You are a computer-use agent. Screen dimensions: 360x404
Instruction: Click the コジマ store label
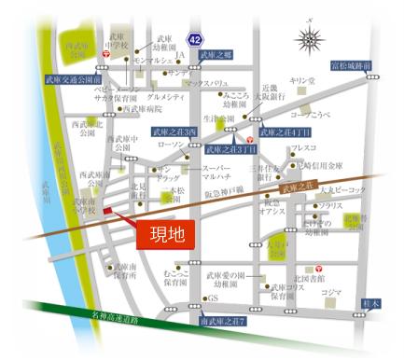click(330, 291)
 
